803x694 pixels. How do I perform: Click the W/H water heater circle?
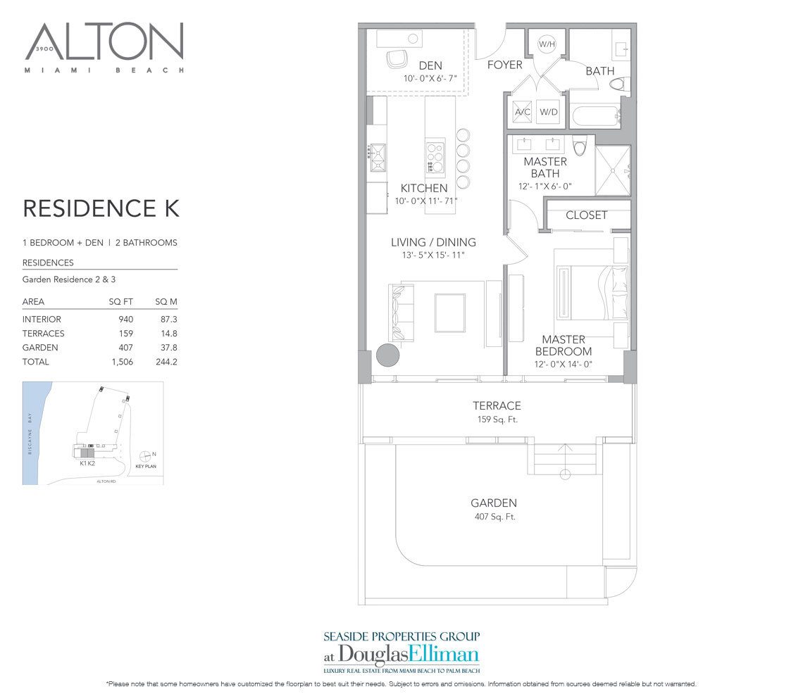[547, 44]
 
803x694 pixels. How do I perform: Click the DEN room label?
[430, 66]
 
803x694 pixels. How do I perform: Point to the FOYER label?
[505, 65]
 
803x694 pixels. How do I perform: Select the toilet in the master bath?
[580, 146]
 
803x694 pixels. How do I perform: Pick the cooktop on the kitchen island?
[435, 156]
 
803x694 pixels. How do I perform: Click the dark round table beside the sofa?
[388, 355]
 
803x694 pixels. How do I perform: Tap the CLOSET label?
[586, 215]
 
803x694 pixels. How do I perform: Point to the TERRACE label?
[497, 406]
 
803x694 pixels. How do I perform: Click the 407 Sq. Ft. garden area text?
[494, 517]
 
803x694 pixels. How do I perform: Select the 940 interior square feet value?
[125, 320]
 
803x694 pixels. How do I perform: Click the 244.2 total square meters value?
[166, 362]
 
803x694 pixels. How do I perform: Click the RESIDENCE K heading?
[101, 208]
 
